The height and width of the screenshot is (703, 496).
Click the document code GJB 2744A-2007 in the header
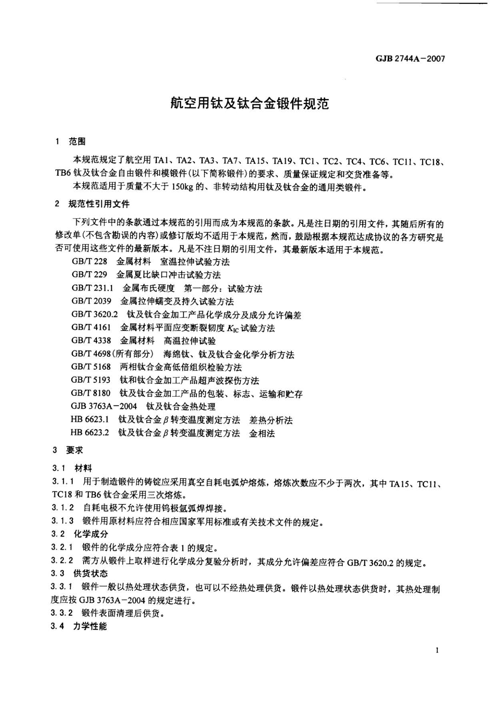click(x=410, y=59)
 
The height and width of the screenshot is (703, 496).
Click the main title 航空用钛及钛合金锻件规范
click(x=249, y=103)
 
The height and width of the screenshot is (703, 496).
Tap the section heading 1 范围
click(x=71, y=141)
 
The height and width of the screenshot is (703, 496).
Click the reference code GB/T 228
click(x=89, y=262)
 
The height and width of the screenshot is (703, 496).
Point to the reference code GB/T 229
click(x=89, y=275)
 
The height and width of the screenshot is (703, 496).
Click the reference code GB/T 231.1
click(x=92, y=288)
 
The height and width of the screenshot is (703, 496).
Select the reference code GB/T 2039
click(x=91, y=301)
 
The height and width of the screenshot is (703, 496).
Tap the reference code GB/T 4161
click(x=91, y=328)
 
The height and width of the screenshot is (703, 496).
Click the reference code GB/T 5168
click(x=91, y=367)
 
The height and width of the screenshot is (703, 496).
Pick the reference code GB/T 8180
click(x=91, y=393)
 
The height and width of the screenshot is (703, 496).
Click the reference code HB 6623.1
click(x=90, y=420)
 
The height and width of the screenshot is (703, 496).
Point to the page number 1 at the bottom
click(x=437, y=650)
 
